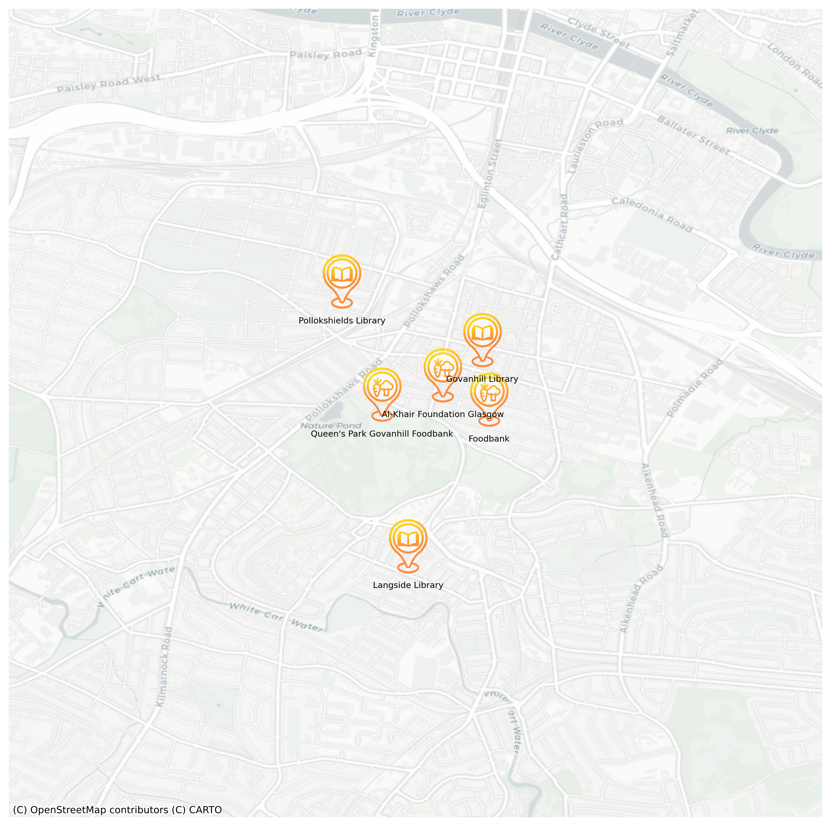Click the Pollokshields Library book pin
[342, 275]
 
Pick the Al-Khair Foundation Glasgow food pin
[443, 369]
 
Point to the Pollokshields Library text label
[342, 321]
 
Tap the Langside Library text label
[408, 585]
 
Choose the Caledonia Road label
[652, 214]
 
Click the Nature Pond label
[331, 426]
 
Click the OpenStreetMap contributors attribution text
[117, 810]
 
